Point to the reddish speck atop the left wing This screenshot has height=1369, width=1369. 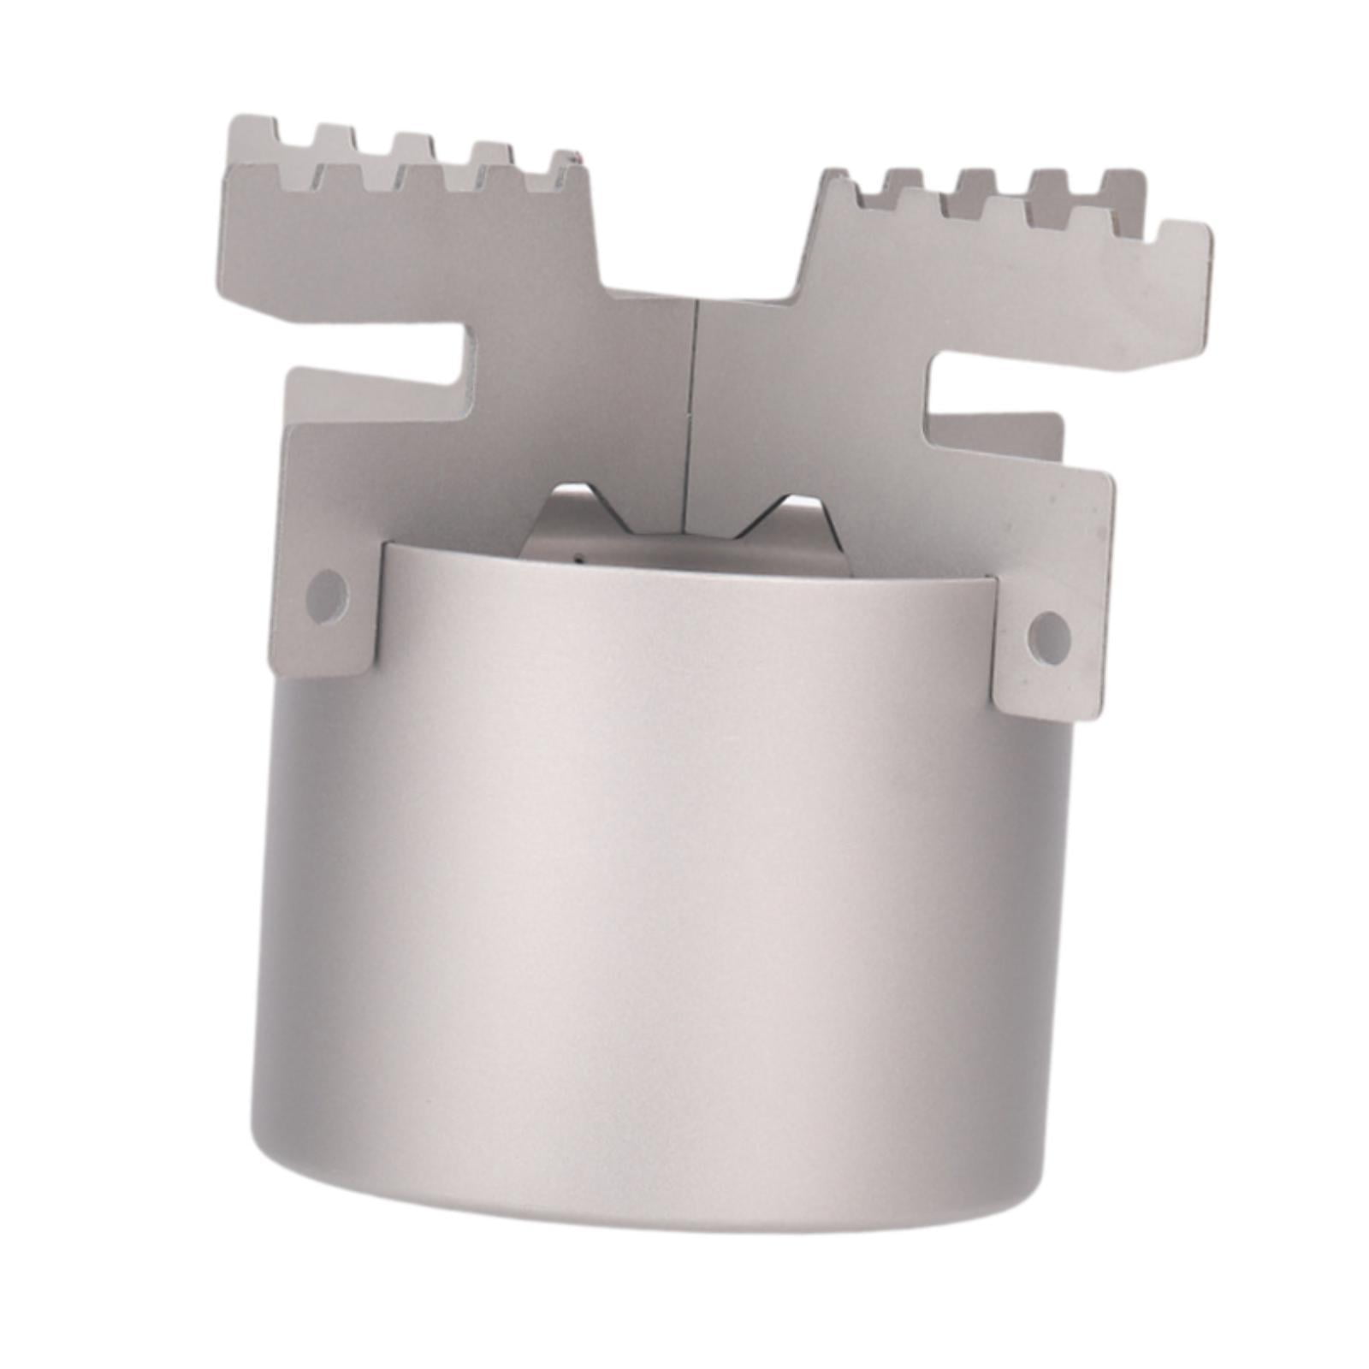click(x=576, y=157)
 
